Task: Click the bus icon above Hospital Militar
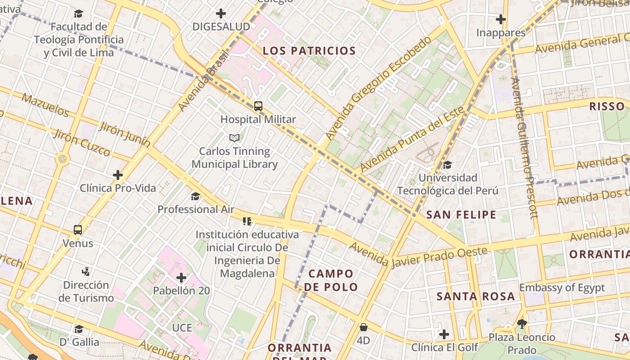coord(258,106)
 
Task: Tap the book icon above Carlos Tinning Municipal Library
coord(234,138)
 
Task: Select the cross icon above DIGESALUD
coord(220,13)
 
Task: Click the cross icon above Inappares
coord(500,19)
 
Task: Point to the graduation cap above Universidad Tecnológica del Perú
coord(447,165)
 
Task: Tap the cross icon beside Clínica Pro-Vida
coord(118,175)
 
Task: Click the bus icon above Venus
coord(78,230)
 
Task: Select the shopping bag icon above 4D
coord(363,327)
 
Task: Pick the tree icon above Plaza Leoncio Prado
coord(522,324)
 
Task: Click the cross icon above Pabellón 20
coord(181,277)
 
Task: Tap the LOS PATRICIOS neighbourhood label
coord(309,51)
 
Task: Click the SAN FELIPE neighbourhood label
coord(461,215)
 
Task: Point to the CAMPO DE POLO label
coord(331,280)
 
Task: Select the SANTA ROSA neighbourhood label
coord(476,296)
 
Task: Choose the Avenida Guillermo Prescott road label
coord(524,148)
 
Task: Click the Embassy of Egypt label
coord(562,288)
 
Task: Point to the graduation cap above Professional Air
coord(195,196)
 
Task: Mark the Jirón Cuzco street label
coord(82,143)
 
